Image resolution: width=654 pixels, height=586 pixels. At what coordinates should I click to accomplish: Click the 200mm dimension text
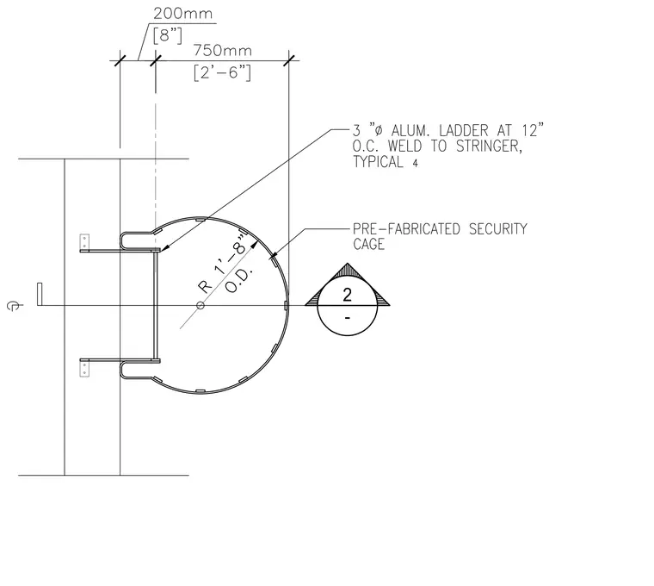182,14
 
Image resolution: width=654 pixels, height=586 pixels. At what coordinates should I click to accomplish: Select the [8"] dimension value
168,35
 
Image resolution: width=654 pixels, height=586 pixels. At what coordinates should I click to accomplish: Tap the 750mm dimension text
222,51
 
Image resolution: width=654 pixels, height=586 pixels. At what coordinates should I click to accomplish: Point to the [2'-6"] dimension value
222,72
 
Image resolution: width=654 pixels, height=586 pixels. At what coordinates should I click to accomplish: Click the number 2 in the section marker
347,295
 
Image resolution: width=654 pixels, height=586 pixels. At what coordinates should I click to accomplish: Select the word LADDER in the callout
463,131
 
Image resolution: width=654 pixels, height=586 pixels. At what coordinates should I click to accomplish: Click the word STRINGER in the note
489,146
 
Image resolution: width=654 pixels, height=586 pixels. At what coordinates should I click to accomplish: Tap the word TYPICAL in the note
379,162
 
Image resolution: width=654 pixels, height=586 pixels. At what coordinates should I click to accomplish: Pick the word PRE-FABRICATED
407,229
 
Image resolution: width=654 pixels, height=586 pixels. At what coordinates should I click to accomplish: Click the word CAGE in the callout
368,245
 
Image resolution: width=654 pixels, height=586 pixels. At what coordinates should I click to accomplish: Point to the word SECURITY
498,229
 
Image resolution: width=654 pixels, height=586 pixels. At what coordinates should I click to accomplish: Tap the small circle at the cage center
201,305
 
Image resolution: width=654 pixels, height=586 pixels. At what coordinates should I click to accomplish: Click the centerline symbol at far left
14,306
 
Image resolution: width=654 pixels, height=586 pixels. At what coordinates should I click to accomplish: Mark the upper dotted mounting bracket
84,242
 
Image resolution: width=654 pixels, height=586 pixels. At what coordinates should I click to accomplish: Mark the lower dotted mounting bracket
84,369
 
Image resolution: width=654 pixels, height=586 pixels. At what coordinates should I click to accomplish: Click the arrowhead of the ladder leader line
164,248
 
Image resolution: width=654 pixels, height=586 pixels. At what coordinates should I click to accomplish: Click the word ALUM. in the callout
410,131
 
